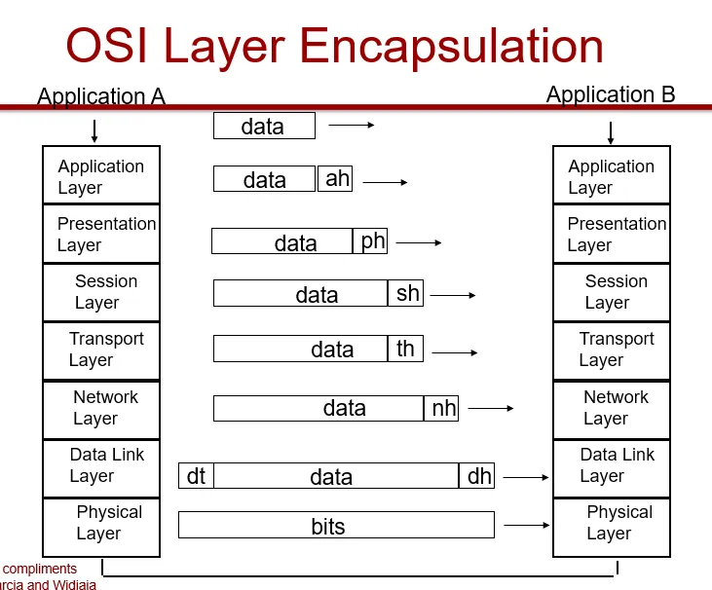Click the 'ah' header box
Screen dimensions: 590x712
click(335, 178)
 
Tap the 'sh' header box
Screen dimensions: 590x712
click(406, 293)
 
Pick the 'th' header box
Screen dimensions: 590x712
click(405, 349)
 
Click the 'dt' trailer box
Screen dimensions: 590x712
click(196, 476)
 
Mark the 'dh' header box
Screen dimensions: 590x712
click(477, 476)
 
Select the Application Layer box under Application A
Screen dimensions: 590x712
click(101, 175)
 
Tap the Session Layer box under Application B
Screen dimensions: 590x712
click(612, 292)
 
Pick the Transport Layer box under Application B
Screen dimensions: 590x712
click(612, 350)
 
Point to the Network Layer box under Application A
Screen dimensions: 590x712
click(101, 409)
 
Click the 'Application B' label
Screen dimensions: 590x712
click(611, 94)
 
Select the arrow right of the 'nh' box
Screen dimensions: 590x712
click(491, 409)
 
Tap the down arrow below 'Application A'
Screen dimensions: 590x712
click(94, 131)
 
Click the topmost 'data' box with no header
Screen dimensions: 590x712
click(264, 126)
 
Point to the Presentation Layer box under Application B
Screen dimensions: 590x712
click(612, 234)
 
